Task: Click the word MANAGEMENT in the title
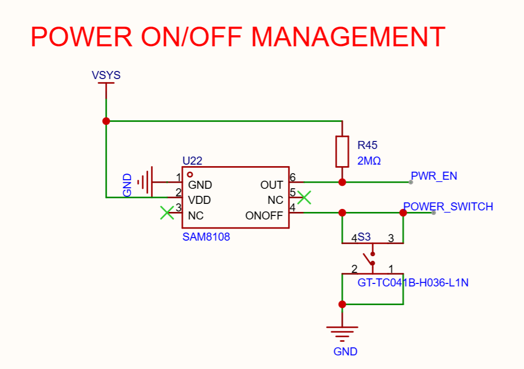[x=348, y=37]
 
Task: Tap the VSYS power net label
[x=106, y=75]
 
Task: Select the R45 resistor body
[x=342, y=152]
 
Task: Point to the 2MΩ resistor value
[x=369, y=161]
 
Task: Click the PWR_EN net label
[x=434, y=176]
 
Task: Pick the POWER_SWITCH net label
[x=448, y=206]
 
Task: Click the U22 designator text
[x=192, y=161]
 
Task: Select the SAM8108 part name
[x=206, y=237]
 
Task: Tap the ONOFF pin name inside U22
[x=264, y=215]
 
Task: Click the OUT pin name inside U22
[x=271, y=185]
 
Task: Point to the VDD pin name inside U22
[x=199, y=200]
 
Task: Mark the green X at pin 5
[x=304, y=197]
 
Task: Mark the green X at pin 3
[x=167, y=213]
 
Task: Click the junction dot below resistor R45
[x=342, y=182]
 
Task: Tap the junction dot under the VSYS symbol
[x=106, y=121]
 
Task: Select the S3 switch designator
[x=364, y=237]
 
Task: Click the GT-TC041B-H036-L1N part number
[x=413, y=282]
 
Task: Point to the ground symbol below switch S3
[x=342, y=334]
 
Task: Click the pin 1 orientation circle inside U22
[x=190, y=175]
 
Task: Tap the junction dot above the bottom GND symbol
[x=342, y=305]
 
